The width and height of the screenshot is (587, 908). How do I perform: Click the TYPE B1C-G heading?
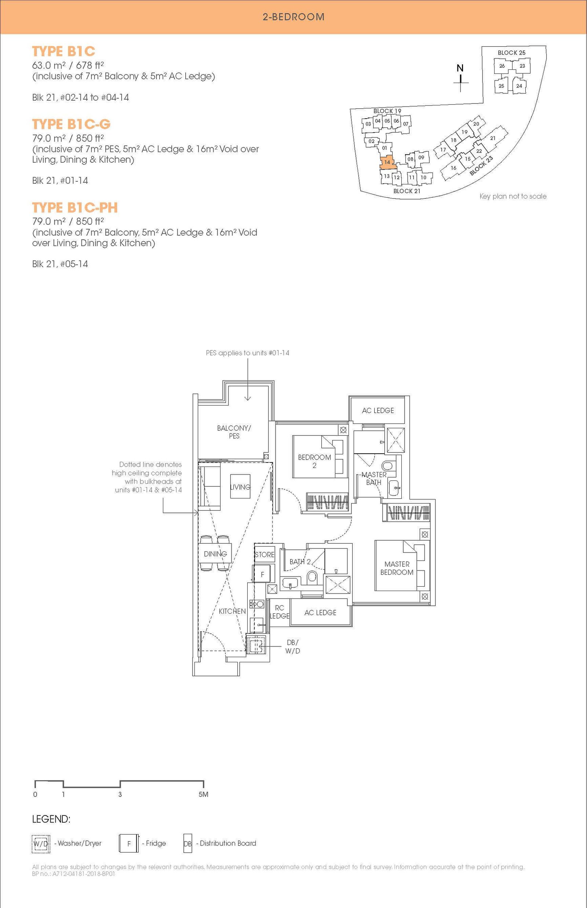(x=71, y=124)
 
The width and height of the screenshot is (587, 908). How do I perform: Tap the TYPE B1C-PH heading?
(x=75, y=208)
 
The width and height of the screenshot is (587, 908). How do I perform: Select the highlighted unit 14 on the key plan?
(x=387, y=162)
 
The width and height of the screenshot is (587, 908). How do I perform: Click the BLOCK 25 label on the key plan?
(x=511, y=53)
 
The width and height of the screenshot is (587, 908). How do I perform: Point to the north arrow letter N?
(x=460, y=68)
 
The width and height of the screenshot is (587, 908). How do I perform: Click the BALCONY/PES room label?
(x=234, y=432)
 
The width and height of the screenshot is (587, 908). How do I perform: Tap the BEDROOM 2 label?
(x=314, y=461)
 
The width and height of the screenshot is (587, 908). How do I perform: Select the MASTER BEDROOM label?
(x=397, y=568)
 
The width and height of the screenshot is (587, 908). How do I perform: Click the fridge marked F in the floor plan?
(x=262, y=574)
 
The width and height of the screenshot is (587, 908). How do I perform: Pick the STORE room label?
(x=265, y=555)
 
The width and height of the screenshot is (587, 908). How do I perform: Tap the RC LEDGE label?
(x=280, y=612)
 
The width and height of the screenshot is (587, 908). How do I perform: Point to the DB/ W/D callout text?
(x=292, y=647)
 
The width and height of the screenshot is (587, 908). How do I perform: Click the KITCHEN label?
(x=232, y=611)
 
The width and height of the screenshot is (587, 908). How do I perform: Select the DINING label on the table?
(x=215, y=554)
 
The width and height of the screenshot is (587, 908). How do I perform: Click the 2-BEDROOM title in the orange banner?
(x=293, y=17)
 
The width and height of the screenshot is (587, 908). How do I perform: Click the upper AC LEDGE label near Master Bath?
(x=378, y=411)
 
